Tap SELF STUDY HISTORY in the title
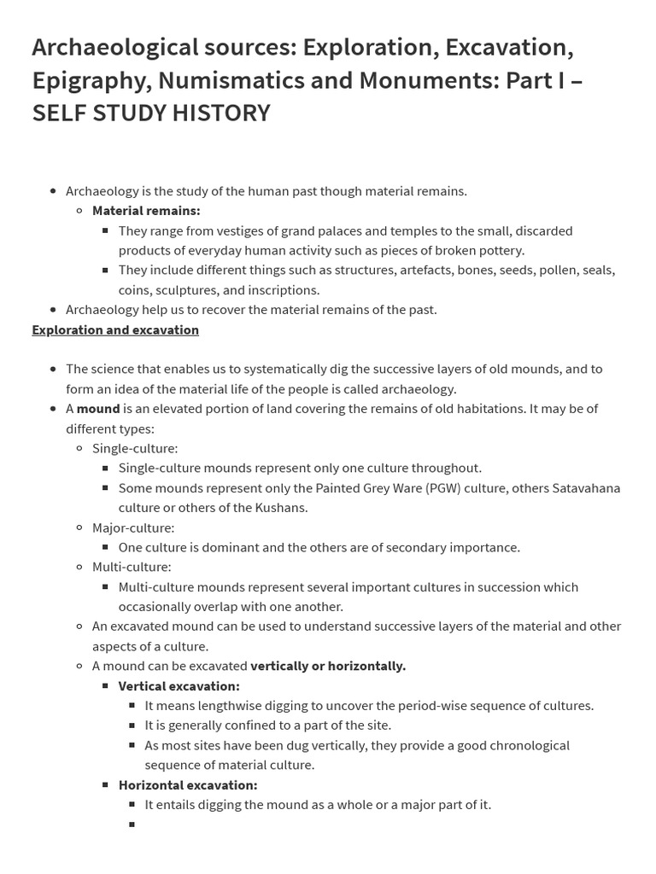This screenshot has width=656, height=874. pyautogui.click(x=151, y=113)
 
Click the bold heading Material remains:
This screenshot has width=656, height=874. pyautogui.click(x=146, y=211)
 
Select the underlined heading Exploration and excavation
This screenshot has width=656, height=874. pyautogui.click(x=115, y=329)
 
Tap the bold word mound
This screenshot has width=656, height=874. pyautogui.click(x=98, y=409)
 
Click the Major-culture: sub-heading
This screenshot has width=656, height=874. pyautogui.click(x=133, y=527)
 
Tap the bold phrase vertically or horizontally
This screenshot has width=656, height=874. pyautogui.click(x=328, y=666)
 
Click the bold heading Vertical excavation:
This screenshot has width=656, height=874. pyautogui.click(x=179, y=686)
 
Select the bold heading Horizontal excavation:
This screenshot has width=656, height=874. pyautogui.click(x=188, y=785)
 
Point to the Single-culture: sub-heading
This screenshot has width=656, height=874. pyautogui.click(x=135, y=448)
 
